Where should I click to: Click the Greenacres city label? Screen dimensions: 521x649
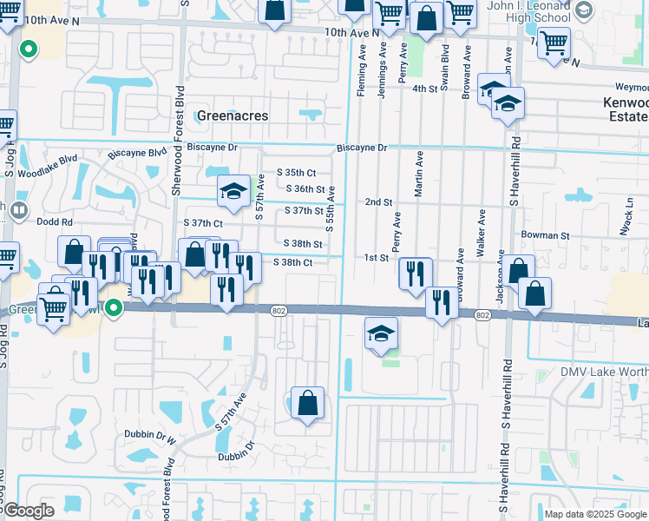pyautogui.click(x=233, y=115)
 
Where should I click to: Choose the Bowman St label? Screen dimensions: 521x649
pyautogui.click(x=545, y=235)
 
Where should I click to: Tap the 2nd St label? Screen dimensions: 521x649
pyautogui.click(x=378, y=201)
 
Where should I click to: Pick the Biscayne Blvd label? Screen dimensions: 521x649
pyautogui.click(x=137, y=153)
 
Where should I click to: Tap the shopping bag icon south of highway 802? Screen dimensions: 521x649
pyautogui.click(x=307, y=404)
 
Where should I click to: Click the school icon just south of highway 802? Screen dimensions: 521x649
pyautogui.click(x=380, y=334)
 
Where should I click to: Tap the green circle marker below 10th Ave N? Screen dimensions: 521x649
pyautogui.click(x=28, y=49)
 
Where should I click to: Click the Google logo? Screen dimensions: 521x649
pyautogui.click(x=28, y=511)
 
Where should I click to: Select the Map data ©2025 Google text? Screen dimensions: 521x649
pyautogui.click(x=594, y=513)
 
